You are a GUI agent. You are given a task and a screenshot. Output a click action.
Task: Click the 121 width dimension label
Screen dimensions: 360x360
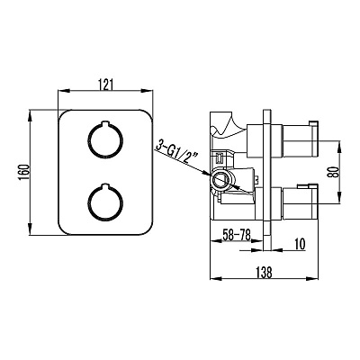(x=105, y=85)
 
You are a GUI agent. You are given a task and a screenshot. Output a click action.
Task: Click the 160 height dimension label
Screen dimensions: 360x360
(x=24, y=173)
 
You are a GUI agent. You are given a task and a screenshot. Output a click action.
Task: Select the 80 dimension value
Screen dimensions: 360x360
(x=336, y=172)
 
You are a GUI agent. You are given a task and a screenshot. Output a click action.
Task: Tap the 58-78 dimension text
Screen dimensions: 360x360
(x=237, y=235)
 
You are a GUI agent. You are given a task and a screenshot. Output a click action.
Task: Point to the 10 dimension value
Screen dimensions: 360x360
(x=299, y=244)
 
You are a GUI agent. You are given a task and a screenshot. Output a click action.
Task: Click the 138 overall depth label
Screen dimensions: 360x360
(x=264, y=273)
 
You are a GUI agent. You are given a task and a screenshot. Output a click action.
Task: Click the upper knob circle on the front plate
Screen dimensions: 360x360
(x=105, y=139)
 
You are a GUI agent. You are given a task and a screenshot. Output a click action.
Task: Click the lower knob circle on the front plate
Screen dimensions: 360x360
(x=105, y=203)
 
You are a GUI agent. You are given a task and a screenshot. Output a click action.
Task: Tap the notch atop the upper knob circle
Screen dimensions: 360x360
(x=105, y=123)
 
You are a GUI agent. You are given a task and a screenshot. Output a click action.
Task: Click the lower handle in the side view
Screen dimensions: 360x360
(x=300, y=203)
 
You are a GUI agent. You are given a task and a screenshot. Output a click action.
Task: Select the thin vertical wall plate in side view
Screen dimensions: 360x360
(x=267, y=179)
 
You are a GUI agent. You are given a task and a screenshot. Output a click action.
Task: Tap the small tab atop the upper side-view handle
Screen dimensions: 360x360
(x=313, y=123)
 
